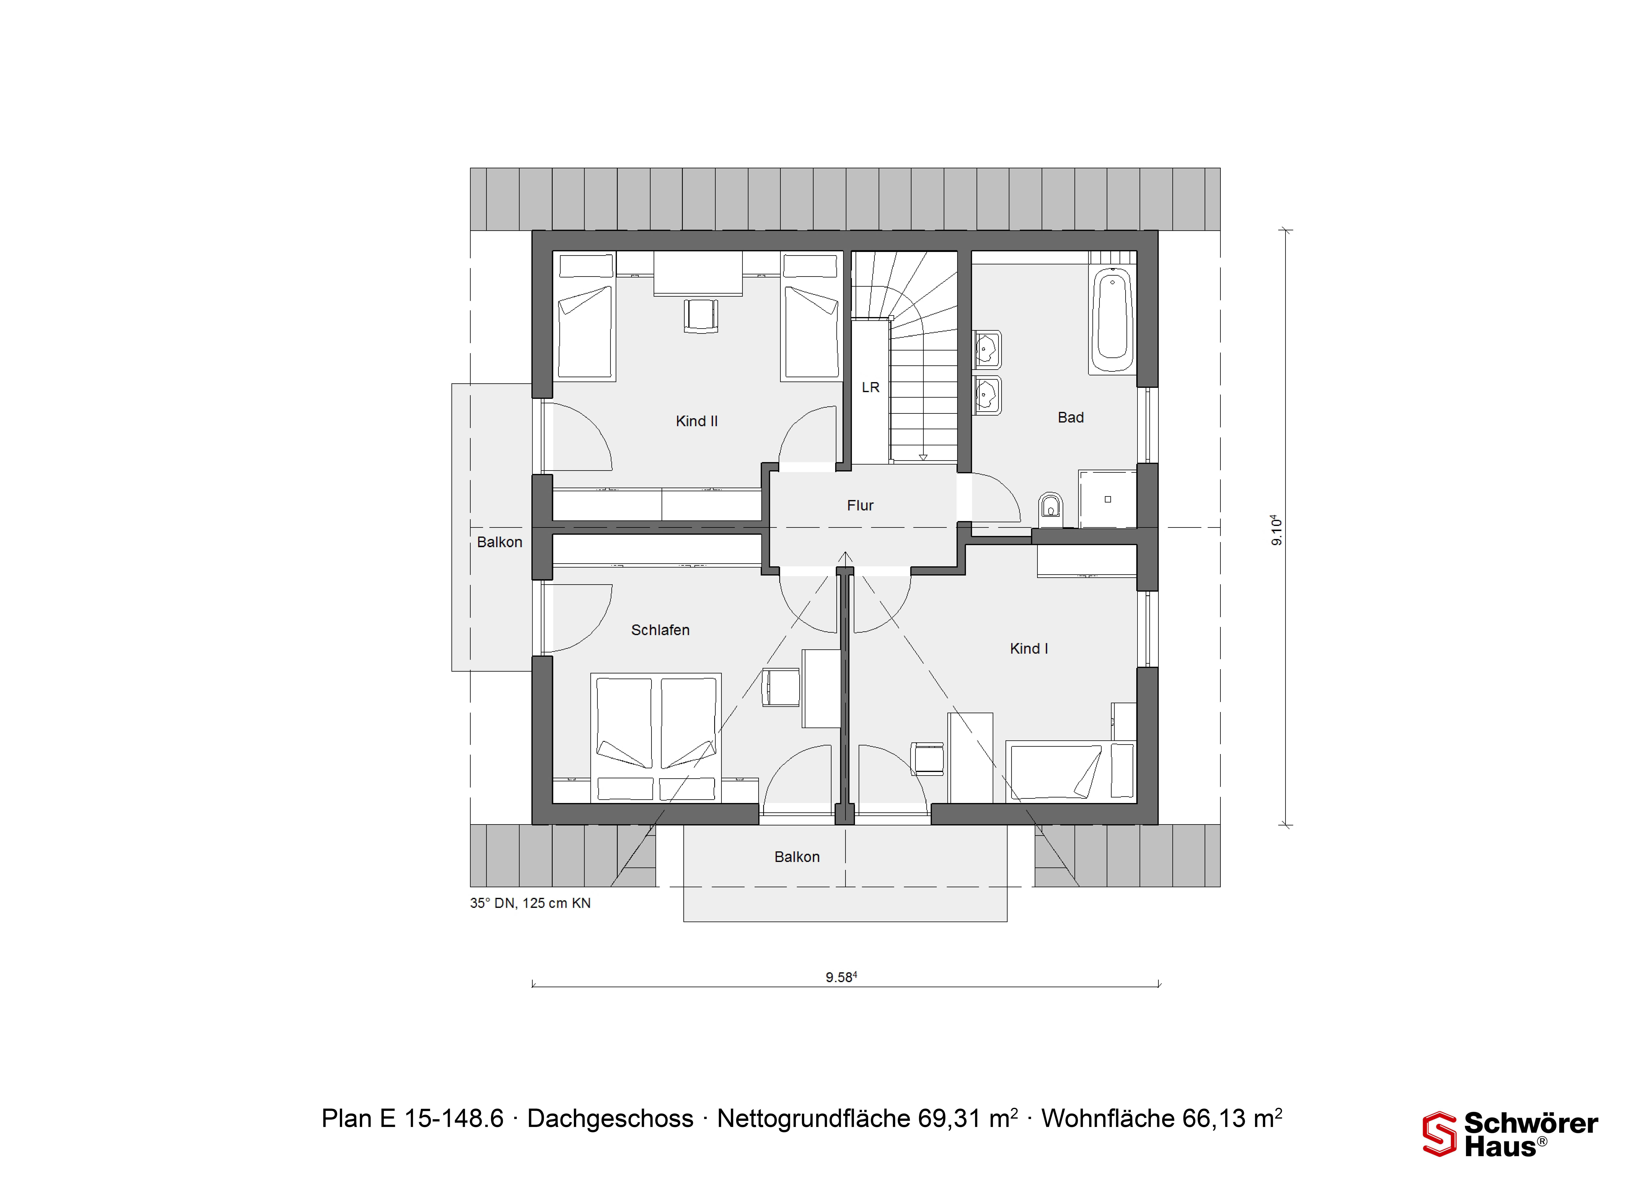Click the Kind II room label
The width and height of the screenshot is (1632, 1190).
696,421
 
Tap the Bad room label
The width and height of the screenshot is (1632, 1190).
1070,418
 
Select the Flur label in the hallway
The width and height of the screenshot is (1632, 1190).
860,506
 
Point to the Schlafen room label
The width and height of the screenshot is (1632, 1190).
660,630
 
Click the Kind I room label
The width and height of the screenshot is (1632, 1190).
1028,649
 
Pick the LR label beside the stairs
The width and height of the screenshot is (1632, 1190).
871,388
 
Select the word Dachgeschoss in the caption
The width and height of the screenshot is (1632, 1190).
610,1119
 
